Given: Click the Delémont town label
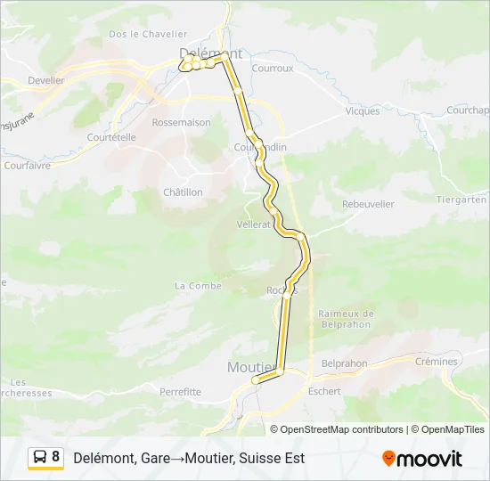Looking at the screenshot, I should (211, 53).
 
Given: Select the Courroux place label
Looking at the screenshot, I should (273, 67).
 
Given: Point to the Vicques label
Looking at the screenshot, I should (363, 111).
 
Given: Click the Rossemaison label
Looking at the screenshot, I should (182, 122).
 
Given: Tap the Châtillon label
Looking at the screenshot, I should (183, 192).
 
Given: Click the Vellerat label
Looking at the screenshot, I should (254, 224).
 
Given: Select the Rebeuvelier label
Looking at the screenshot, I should (367, 204).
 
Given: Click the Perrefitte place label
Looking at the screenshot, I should (180, 392).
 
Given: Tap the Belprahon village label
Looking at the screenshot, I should (344, 363).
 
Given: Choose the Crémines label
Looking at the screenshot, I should (437, 362).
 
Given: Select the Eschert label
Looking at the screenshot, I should (323, 391).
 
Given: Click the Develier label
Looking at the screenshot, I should (46, 80).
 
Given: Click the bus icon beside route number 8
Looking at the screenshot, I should (40, 458).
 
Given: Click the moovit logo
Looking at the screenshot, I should (422, 459).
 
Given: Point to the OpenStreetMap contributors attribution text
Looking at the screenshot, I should (342, 429).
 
